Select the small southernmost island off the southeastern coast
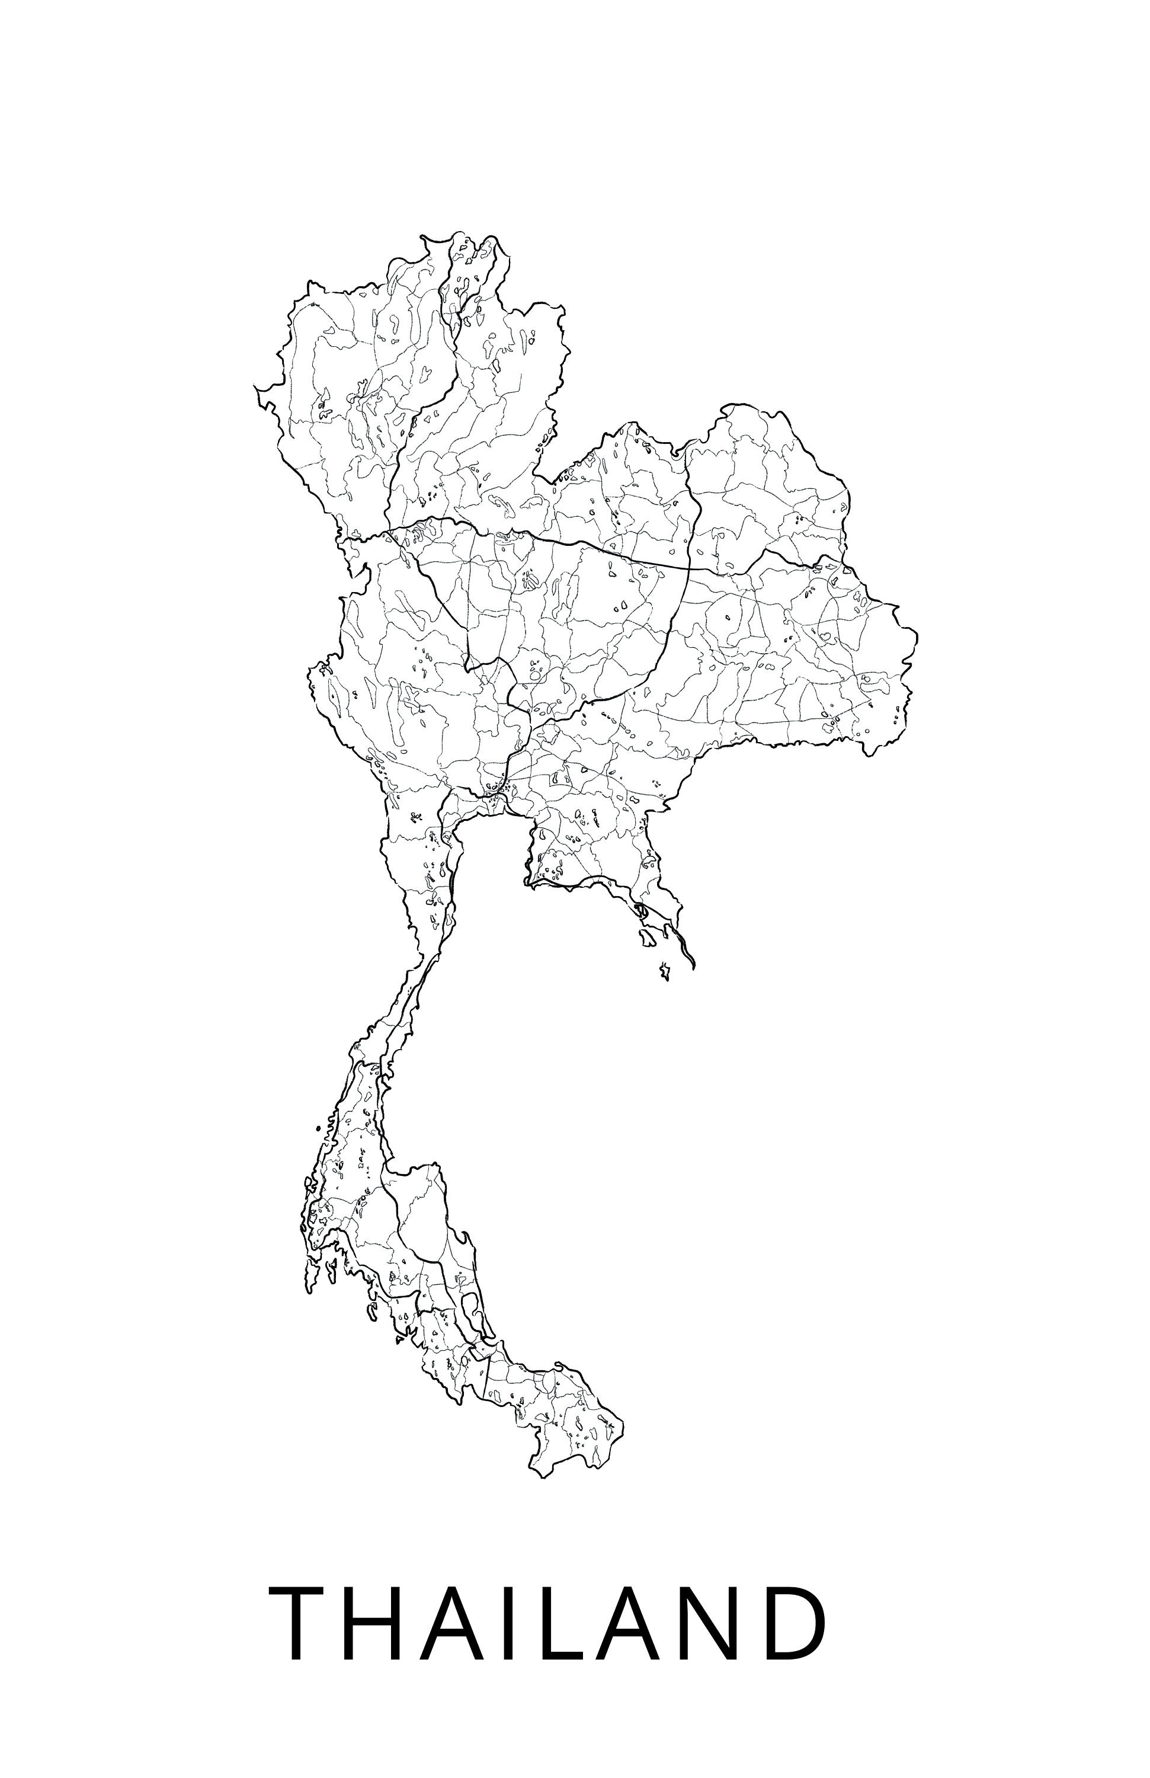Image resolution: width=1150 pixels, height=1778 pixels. pyautogui.click(x=664, y=972)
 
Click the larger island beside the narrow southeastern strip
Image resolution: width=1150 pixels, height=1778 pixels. pyautogui.click(x=646, y=935)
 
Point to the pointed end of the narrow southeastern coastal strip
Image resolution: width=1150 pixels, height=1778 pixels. pyautogui.click(x=693, y=967)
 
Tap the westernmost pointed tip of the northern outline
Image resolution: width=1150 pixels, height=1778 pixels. pyautogui.click(x=256, y=388)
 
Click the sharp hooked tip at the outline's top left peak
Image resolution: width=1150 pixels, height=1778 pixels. pyautogui.click(x=422, y=238)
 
